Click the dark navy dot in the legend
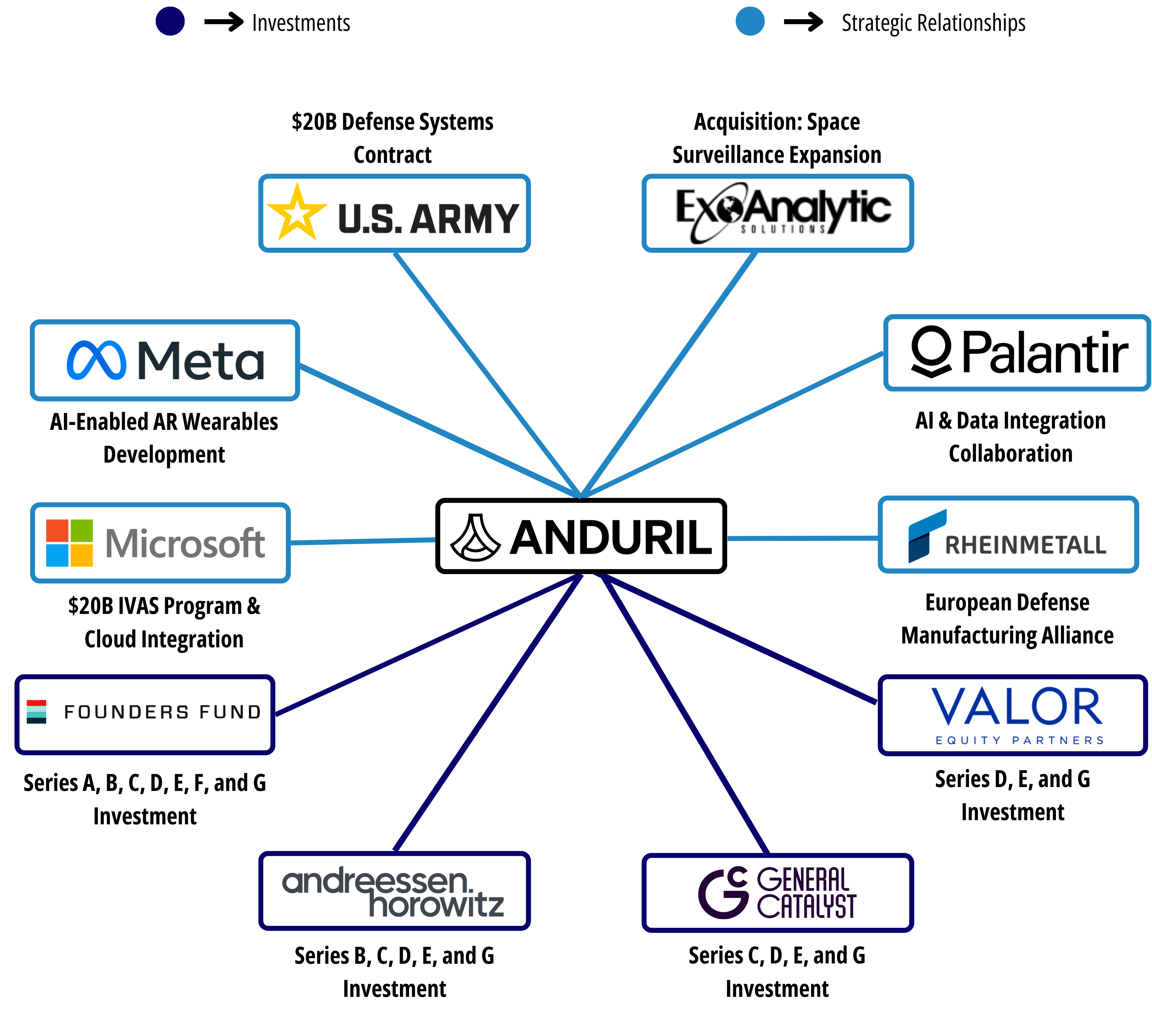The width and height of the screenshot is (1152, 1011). coord(170,22)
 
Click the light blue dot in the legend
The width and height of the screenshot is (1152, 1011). coord(750,22)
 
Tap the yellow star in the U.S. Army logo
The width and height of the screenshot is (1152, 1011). coord(297,213)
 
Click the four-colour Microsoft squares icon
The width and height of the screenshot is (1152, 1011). coord(69,542)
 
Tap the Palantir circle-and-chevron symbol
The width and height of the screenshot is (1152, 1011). coord(932,351)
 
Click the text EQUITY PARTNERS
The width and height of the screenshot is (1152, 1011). coord(1019,741)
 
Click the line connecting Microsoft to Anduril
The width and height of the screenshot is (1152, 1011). coord(362,541)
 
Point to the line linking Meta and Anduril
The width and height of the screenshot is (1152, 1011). coord(440,431)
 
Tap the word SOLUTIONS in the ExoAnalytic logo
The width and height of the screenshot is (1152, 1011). coord(783,229)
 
